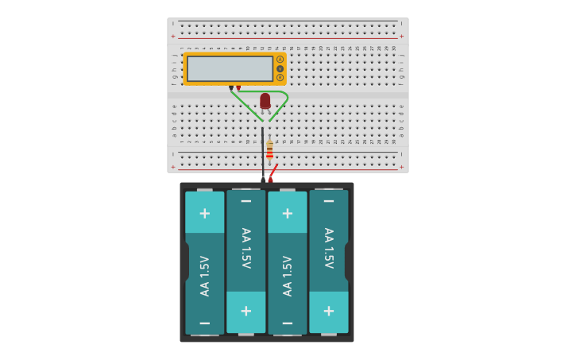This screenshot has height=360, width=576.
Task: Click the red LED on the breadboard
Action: tap(265, 100)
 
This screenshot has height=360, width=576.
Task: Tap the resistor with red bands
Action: tap(269, 150)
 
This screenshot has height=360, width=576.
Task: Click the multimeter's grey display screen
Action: tap(229, 68)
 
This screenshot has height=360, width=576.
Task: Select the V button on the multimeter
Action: tap(280, 68)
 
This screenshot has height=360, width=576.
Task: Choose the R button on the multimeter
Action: tap(280, 77)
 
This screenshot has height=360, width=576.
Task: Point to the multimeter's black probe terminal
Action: tap(231, 87)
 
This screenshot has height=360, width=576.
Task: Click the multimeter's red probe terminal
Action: tap(238, 87)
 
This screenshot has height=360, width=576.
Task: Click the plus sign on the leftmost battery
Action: tap(204, 213)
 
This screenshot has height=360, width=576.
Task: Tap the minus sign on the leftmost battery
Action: tap(204, 323)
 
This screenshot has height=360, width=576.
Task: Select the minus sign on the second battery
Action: tap(245, 202)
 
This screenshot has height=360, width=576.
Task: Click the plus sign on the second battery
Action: tap(245, 312)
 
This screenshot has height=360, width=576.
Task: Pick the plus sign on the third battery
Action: tap(287, 213)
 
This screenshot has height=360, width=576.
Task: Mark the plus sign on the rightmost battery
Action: tap(328, 312)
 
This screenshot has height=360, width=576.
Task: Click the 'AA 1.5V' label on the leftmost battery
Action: tap(204, 276)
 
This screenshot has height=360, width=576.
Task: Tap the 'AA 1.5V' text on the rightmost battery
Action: tap(328, 248)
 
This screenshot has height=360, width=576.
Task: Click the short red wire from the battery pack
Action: tap(273, 171)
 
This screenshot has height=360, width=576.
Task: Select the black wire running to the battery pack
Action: tap(263, 155)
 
